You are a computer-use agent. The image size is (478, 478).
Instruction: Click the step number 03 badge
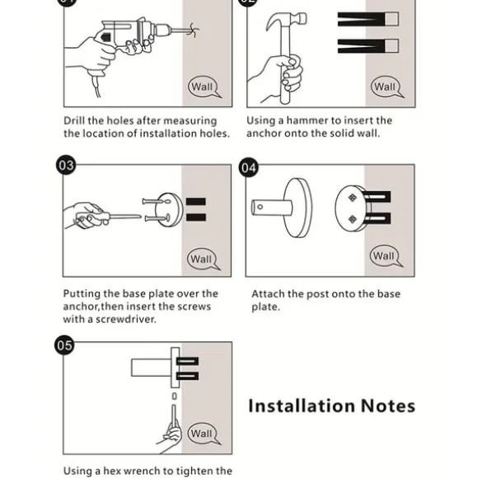[66, 165]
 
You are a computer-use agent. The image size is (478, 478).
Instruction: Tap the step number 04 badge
[248, 167]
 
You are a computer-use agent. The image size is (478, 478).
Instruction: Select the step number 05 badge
[64, 345]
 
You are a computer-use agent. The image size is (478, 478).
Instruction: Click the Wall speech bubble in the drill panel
[204, 87]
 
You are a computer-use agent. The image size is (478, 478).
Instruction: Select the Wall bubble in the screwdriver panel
[203, 259]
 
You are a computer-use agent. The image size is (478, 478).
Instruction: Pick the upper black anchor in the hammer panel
[368, 19]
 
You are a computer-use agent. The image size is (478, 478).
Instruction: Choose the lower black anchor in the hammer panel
[368, 46]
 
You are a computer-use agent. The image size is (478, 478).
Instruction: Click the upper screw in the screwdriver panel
[156, 202]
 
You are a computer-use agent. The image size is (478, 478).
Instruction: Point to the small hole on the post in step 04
[260, 207]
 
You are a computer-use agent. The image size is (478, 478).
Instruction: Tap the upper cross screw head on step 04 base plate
[353, 198]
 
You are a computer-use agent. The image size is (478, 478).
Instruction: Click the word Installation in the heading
[302, 405]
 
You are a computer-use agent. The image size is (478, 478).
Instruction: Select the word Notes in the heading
[388, 406]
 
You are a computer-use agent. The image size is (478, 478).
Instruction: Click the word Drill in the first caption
[74, 120]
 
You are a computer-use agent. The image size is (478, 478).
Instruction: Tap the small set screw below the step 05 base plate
[174, 396]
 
